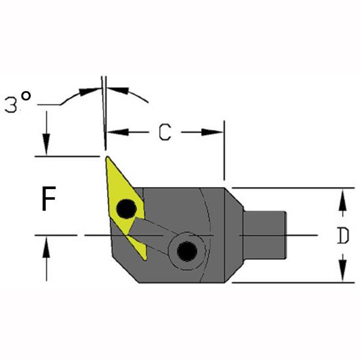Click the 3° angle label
pyautogui.click(x=18, y=101)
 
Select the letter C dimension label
pyautogui.click(x=165, y=132)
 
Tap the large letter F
pyautogui.click(x=48, y=198)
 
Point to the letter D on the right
pyautogui.click(x=343, y=236)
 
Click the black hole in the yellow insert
pyautogui.click(x=126, y=209)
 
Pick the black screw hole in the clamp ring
pyautogui.click(x=187, y=251)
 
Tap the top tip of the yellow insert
pyautogui.click(x=107, y=158)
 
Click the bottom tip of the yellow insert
pyautogui.click(x=145, y=259)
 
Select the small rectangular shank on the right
pyautogui.click(x=264, y=235)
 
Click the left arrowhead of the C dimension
pyautogui.click(x=118, y=132)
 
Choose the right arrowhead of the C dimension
pyautogui.click(x=212, y=132)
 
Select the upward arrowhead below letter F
pyautogui.click(x=46, y=247)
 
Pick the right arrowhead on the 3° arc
pyautogui.click(x=118, y=90)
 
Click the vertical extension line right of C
pyautogui.click(x=225, y=151)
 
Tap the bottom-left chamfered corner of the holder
pyautogui.click(x=125, y=268)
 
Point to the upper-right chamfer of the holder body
pyautogui.click(x=234, y=197)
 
